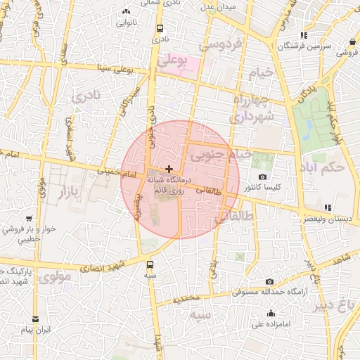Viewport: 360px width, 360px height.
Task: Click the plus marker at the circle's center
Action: (x=169, y=169)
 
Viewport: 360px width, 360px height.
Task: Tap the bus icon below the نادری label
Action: (x=160, y=29)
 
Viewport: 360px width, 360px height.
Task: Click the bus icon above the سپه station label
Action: (x=149, y=265)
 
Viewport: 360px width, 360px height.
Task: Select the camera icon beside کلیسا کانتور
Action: (x=263, y=176)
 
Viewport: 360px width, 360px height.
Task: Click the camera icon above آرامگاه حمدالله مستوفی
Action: (x=269, y=281)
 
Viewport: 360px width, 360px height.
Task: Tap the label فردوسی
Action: (x=220, y=44)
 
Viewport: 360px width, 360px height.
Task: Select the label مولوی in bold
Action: (x=56, y=277)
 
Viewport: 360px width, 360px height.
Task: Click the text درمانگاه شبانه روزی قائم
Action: (x=169, y=185)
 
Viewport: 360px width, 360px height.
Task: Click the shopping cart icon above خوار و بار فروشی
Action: (x=29, y=219)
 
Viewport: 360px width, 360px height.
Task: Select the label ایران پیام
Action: (x=37, y=330)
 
